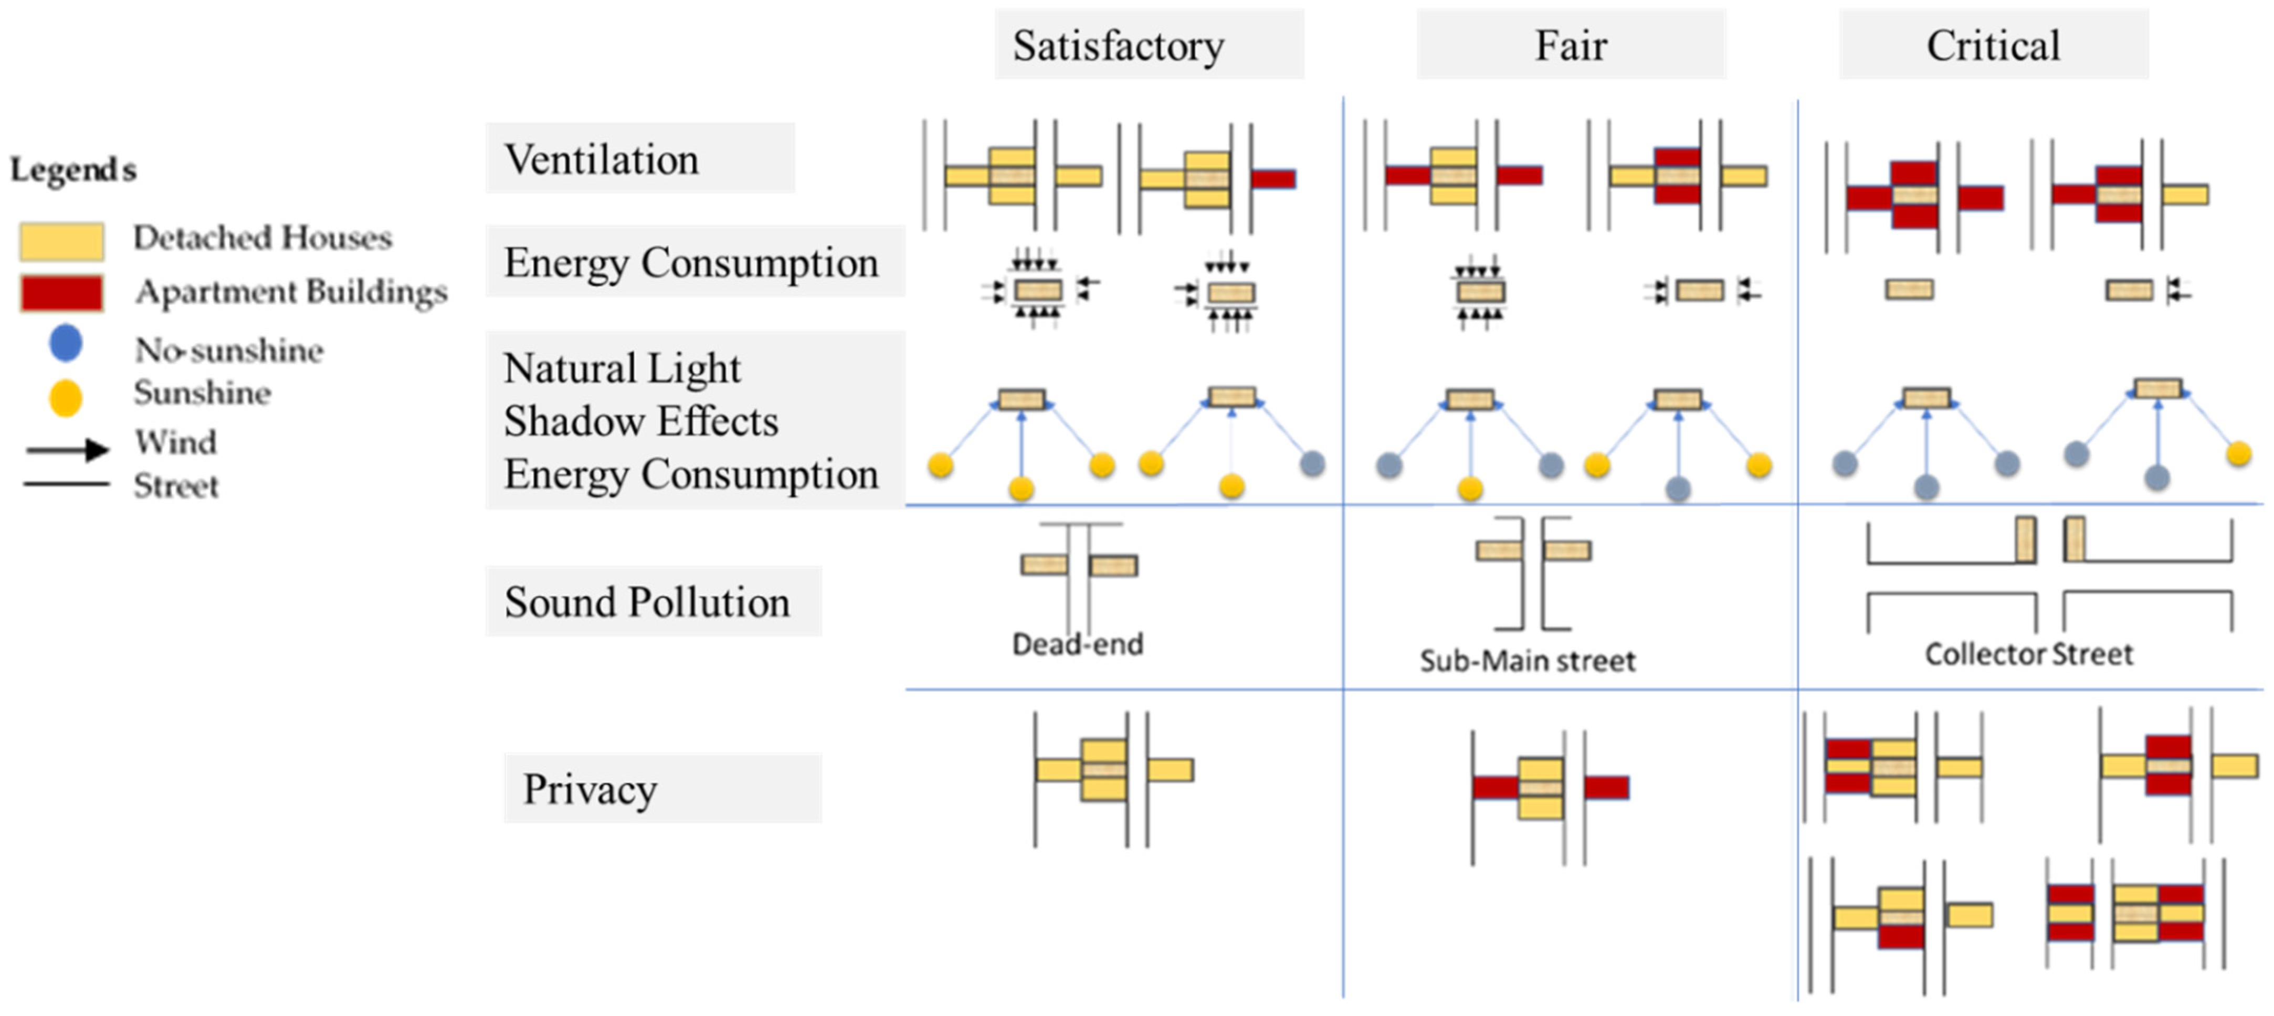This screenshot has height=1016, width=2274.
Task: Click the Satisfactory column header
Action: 1119,45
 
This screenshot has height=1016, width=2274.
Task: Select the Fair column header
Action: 1571,45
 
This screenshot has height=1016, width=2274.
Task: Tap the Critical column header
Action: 1993,45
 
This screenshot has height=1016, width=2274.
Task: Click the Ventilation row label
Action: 601,160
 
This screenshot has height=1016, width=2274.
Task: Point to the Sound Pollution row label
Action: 647,602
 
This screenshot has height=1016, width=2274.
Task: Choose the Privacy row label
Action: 589,788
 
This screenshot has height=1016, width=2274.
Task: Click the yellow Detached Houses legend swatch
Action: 62,241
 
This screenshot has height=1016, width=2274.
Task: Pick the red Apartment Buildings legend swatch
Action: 62,293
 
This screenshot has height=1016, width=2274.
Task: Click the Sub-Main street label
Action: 1527,660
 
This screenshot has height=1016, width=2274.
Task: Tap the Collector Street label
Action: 2028,654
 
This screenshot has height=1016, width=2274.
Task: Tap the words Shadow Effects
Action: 641,421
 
